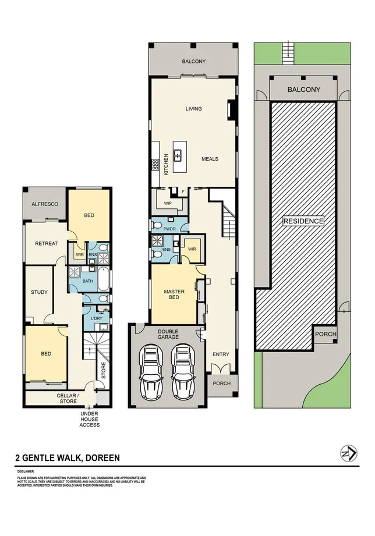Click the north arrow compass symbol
click(348, 454)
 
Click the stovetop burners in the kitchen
click(155, 165)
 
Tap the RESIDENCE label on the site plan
click(303, 221)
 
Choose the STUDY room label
click(39, 292)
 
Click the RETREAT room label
click(46, 243)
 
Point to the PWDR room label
click(169, 229)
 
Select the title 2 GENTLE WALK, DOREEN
click(68, 458)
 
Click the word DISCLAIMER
click(25, 471)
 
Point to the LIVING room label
click(193, 109)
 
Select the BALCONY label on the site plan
click(304, 90)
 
